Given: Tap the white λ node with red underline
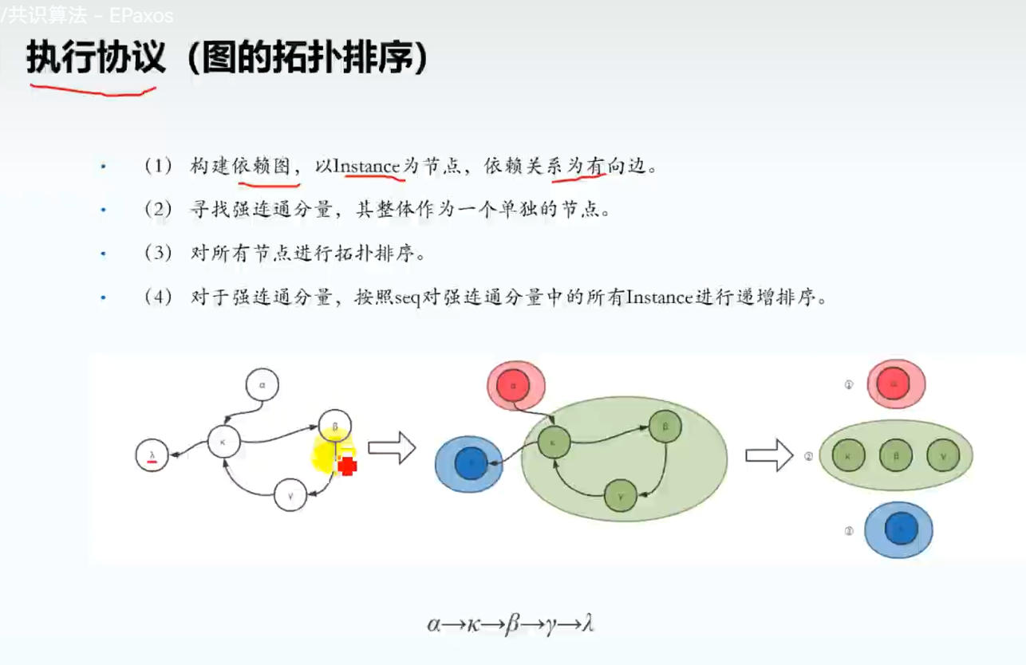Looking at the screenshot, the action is [x=152, y=455].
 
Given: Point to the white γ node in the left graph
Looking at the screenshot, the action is [x=290, y=495].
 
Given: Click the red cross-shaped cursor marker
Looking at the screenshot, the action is [x=347, y=466].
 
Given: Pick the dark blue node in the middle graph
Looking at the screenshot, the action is [x=470, y=462].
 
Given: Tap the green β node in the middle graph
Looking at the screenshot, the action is [x=664, y=427].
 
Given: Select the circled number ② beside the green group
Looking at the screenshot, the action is [x=808, y=457].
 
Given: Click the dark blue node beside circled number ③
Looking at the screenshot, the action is [x=898, y=529].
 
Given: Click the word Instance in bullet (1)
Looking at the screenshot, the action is [x=365, y=166].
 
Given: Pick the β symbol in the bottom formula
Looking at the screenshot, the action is [x=511, y=623].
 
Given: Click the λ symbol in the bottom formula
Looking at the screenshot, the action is [x=587, y=623].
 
